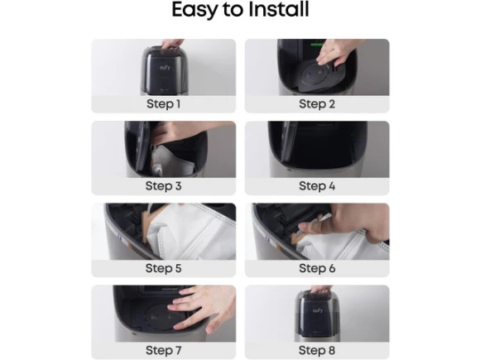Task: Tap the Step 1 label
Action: (x=164, y=104)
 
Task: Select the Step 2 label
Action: (x=317, y=104)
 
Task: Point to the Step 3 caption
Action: (x=164, y=186)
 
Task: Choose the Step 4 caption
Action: (x=317, y=186)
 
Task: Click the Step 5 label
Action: (x=164, y=268)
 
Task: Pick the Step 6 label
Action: (x=317, y=268)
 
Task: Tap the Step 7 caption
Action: (x=164, y=350)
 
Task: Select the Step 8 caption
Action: (x=317, y=350)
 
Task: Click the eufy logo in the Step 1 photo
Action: (x=165, y=67)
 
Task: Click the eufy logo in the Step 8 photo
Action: (x=318, y=310)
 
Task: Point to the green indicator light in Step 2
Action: (x=317, y=45)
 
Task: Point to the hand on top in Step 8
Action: (x=320, y=289)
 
